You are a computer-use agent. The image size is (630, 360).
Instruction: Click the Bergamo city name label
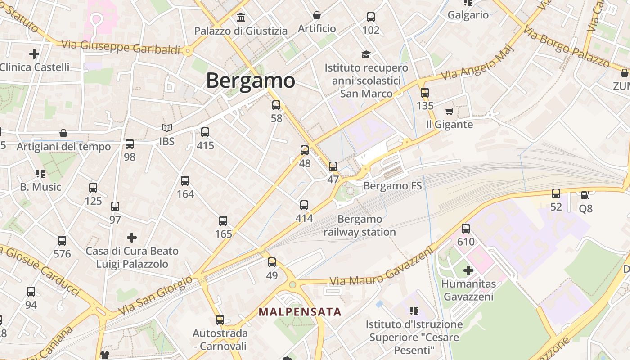pyautogui.click(x=251, y=81)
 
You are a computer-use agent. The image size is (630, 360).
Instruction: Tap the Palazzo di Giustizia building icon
pyautogui.click(x=241, y=18)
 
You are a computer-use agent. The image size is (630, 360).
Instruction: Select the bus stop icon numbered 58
pyautogui.click(x=276, y=105)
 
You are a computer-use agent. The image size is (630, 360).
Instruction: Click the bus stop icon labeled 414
pyautogui.click(x=304, y=205)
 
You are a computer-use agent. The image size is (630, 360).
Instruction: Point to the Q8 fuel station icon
pyautogui.click(x=585, y=195)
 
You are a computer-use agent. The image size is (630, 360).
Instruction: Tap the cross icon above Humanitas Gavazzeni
pyautogui.click(x=468, y=270)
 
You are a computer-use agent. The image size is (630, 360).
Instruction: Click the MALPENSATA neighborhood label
pyautogui.click(x=300, y=311)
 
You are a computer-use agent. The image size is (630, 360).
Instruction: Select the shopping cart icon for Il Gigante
pyautogui.click(x=449, y=111)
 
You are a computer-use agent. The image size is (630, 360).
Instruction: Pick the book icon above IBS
pyautogui.click(x=167, y=128)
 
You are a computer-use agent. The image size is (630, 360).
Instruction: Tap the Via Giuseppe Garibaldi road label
pyautogui.click(x=121, y=47)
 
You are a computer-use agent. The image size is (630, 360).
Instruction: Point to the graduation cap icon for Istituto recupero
pyautogui.click(x=366, y=55)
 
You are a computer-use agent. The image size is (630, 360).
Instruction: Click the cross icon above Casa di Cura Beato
pyautogui.click(x=132, y=237)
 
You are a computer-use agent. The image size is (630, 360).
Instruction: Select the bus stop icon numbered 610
pyautogui.click(x=466, y=229)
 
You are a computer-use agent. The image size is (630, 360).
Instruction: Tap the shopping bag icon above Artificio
pyautogui.click(x=317, y=15)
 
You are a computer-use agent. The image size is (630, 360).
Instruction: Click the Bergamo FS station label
pyautogui.click(x=392, y=185)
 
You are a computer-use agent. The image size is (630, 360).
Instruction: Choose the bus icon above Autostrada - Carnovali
pyautogui.click(x=220, y=320)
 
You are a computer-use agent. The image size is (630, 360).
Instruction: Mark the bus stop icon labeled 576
pyautogui.click(x=62, y=241)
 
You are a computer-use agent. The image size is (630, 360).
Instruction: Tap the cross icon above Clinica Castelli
pyautogui.click(x=34, y=54)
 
